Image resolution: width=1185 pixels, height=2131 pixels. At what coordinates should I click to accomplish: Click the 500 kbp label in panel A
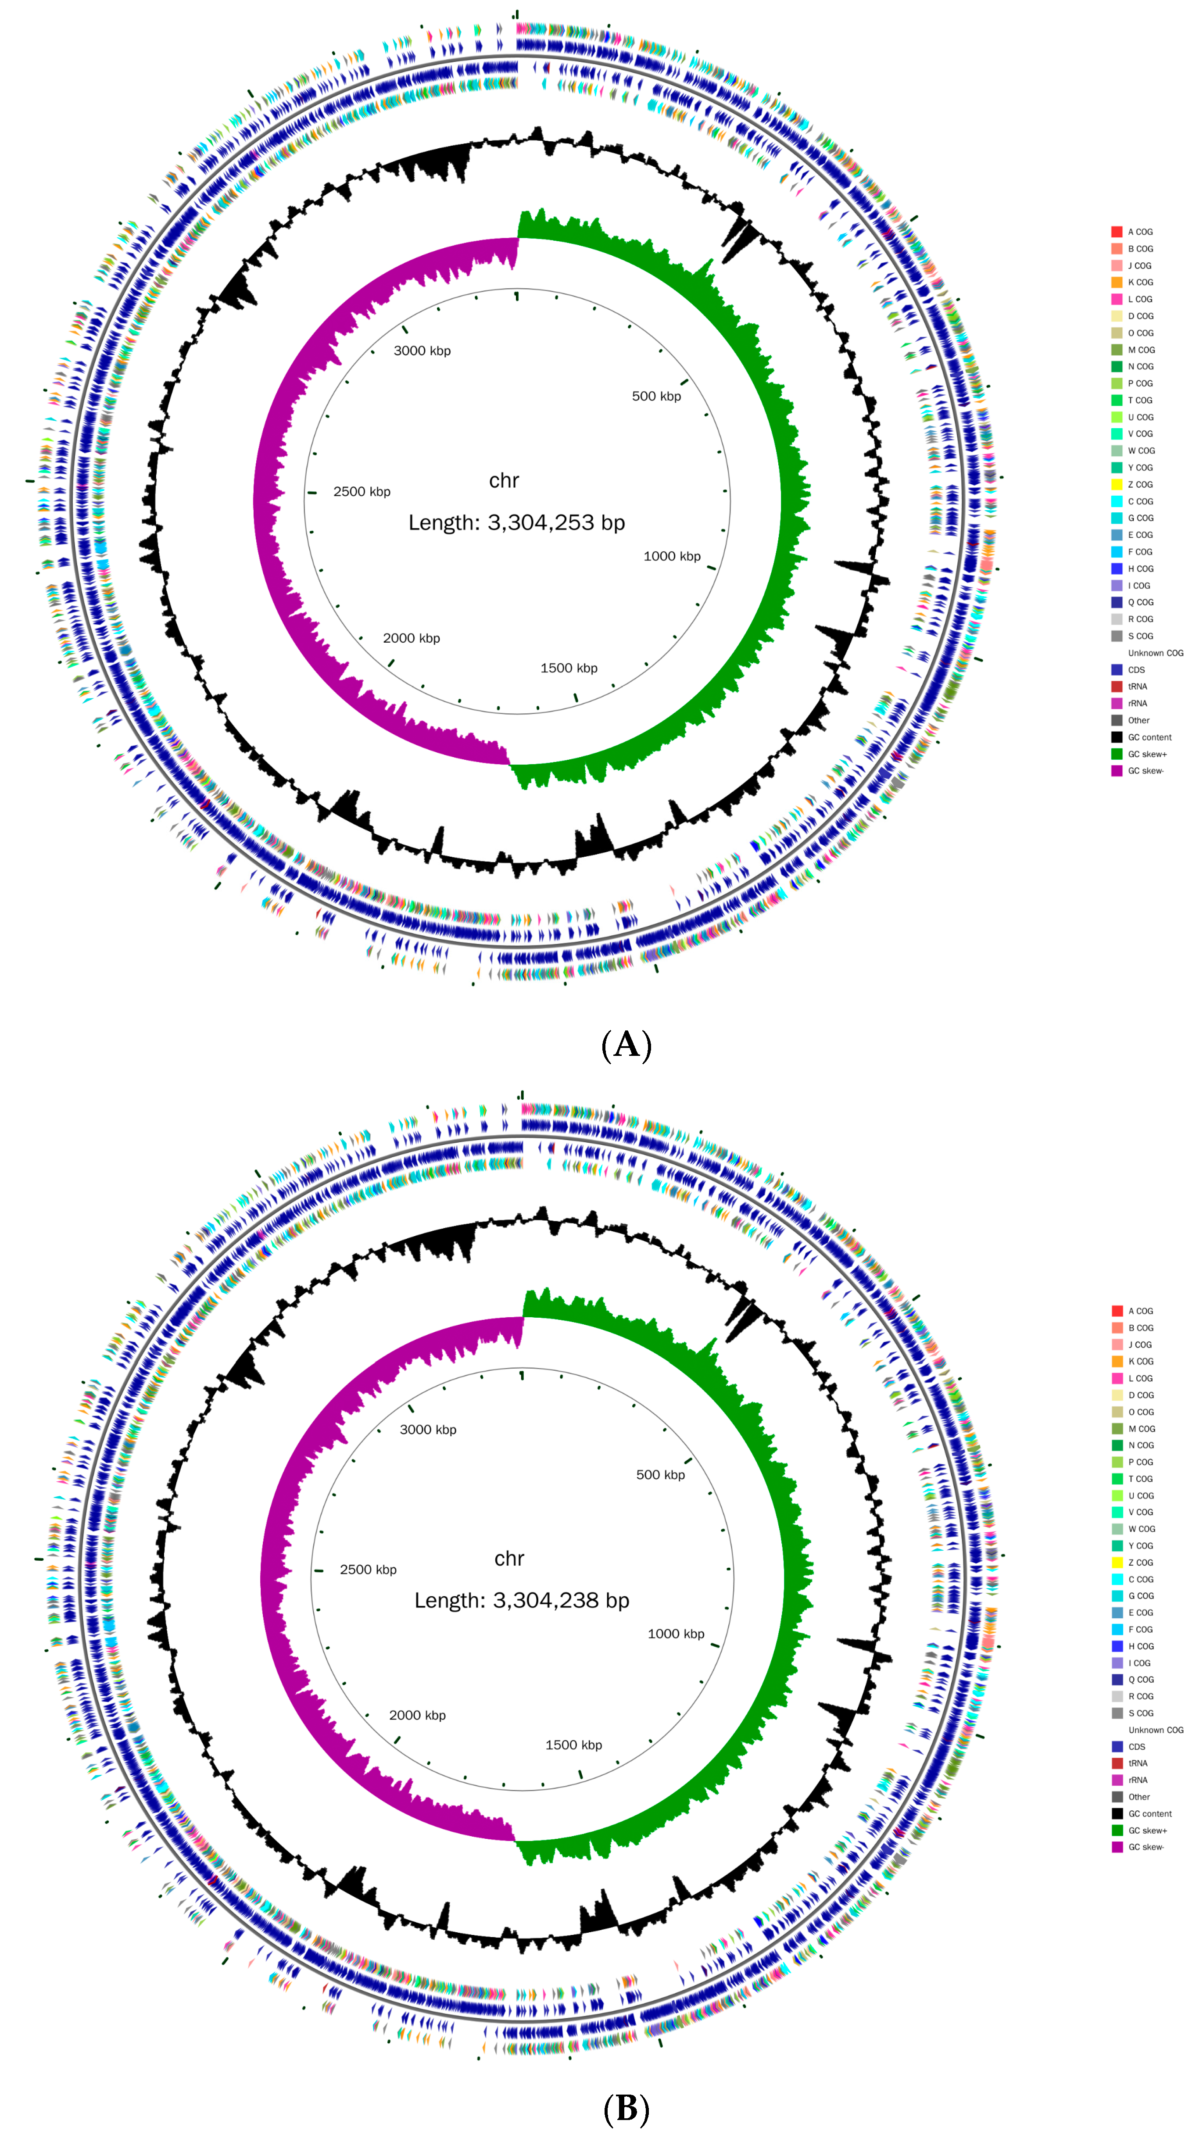656,396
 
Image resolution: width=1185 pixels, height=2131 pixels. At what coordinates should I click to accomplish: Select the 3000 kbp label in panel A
422,351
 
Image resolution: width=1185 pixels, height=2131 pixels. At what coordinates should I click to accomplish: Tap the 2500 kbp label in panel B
368,1569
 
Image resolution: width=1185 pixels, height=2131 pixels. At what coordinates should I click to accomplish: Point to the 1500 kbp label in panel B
573,1745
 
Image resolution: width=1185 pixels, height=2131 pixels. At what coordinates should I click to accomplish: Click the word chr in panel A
504,481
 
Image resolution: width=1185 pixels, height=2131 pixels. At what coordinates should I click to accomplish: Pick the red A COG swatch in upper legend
1116,232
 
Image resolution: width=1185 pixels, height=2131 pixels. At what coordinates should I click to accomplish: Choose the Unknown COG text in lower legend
1155,1730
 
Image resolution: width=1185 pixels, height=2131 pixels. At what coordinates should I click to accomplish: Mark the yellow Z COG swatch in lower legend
1116,1562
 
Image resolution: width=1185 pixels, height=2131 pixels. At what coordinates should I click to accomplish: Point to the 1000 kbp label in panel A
672,556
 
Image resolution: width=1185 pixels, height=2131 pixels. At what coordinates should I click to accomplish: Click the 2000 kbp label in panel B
417,1715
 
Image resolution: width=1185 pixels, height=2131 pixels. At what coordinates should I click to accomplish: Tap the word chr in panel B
509,1559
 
